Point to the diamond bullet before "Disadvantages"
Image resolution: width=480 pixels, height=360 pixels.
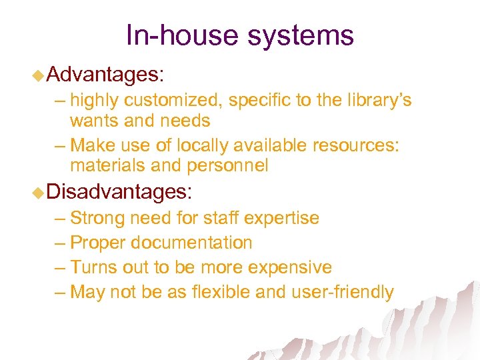39,193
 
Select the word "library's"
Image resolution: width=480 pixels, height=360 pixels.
375,101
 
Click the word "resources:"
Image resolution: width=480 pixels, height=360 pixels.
358,145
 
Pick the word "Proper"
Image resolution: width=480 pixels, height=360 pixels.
97,243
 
